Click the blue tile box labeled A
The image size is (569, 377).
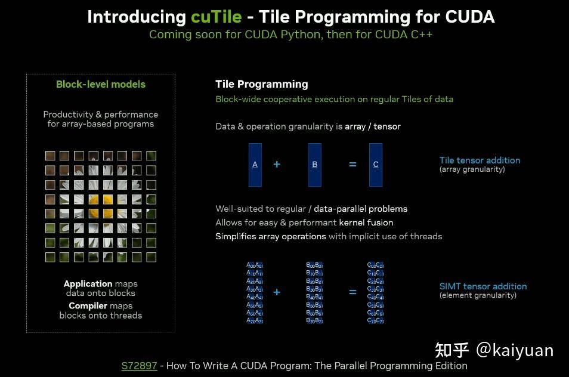coord(255,165)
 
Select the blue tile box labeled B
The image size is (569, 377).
coord(315,165)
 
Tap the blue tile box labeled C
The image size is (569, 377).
coord(376,165)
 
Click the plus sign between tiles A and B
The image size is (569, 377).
coord(277,164)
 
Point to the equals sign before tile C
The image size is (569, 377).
coord(352,164)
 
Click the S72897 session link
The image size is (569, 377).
coord(139,366)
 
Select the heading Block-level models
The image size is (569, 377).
coord(101,85)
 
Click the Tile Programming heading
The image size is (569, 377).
coord(262,84)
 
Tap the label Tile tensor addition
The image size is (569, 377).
coord(480,160)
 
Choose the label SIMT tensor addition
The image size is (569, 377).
coord(483,286)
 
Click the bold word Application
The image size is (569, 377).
coord(88,284)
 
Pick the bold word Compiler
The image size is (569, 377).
coord(88,306)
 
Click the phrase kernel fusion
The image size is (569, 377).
coord(366,223)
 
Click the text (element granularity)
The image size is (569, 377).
coord(478,295)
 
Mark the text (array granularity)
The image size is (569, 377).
coord(472,169)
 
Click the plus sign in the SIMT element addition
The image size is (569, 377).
coord(277,292)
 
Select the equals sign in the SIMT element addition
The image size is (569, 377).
coord(352,292)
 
